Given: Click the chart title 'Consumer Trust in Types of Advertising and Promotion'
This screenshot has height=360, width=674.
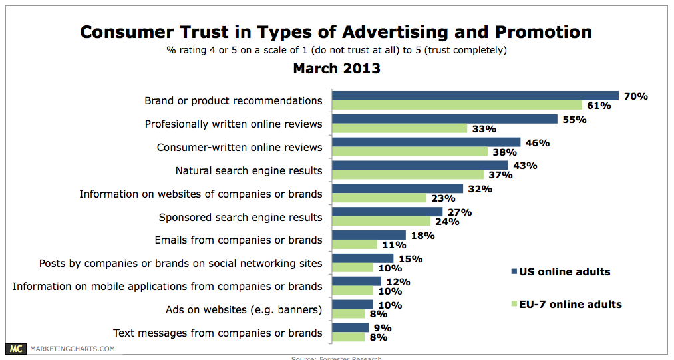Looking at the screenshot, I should pyautogui.click(x=336, y=31).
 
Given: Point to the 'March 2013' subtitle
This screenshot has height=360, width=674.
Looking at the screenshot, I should pyautogui.click(x=337, y=68).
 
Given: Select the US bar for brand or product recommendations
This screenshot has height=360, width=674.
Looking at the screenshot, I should pyautogui.click(x=475, y=96).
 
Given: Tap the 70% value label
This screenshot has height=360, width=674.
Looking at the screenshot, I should pyautogui.click(x=635, y=96).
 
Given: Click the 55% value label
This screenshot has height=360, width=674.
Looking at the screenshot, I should pyautogui.click(x=574, y=120).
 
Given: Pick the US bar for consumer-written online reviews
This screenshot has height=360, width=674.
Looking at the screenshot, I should pyautogui.click(x=426, y=142).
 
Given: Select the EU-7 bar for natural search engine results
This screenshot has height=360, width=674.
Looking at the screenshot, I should pyautogui.click(x=408, y=175).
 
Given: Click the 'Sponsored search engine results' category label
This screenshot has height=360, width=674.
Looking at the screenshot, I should pyautogui.click(x=240, y=217).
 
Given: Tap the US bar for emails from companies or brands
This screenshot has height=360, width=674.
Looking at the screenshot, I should pyautogui.click(x=369, y=235).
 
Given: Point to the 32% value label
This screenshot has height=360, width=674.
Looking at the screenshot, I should pyautogui.click(x=479, y=189).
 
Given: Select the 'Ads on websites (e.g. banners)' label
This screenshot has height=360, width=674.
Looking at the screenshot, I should pyautogui.click(x=244, y=309).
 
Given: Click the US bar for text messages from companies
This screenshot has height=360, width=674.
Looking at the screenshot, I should pyautogui.click(x=350, y=327).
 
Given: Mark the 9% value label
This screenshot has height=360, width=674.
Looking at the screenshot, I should pyautogui.click(x=382, y=327).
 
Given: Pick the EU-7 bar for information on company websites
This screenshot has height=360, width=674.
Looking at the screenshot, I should pyautogui.click(x=379, y=198).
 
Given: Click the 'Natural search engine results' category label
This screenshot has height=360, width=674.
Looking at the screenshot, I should pyautogui.click(x=249, y=170).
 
